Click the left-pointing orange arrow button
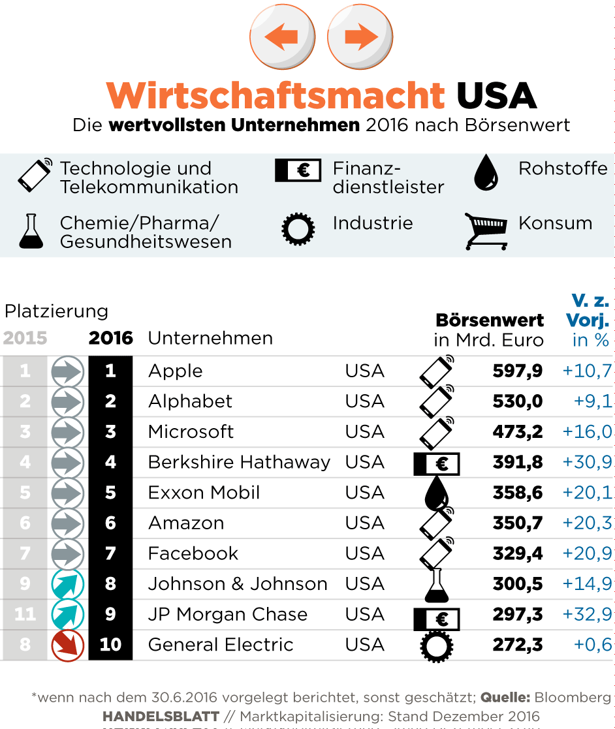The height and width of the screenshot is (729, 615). point(282,36)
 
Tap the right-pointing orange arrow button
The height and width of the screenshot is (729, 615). point(360,36)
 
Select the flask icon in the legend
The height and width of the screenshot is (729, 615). point(31,232)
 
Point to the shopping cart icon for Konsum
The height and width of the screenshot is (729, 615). point(486,231)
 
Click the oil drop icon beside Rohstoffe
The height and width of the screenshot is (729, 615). point(486,172)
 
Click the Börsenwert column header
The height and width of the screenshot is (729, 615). point(490,320)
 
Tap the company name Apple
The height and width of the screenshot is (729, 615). point(176,371)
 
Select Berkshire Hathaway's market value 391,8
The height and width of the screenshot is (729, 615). point(518,462)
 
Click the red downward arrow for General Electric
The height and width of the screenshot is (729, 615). point(68,645)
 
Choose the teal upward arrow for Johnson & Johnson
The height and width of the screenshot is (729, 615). point(68,583)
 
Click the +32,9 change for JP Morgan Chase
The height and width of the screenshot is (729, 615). point(587,614)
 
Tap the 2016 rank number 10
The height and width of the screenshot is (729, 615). point(110,645)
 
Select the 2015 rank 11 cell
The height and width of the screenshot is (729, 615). point(25,614)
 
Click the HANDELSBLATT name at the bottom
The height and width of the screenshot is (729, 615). point(160,716)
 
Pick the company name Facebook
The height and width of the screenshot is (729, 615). point(193,553)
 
